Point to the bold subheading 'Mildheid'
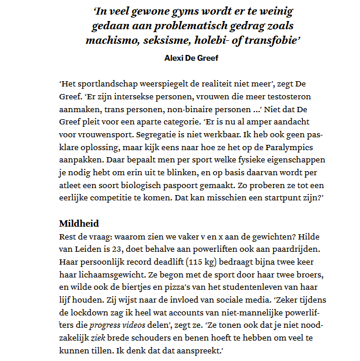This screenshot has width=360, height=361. click(x=79, y=223)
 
